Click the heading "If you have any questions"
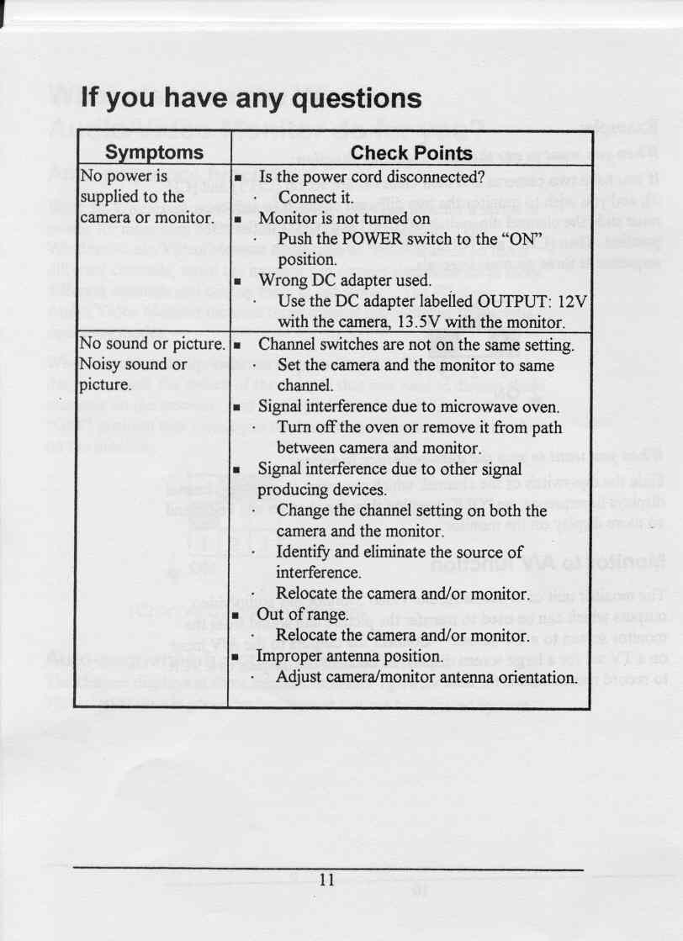[251, 100]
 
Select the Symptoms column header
[153, 153]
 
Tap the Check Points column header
[411, 153]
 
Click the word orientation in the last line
[529, 676]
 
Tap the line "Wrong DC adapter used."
[345, 280]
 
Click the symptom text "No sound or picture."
[152, 345]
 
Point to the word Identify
[307, 552]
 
